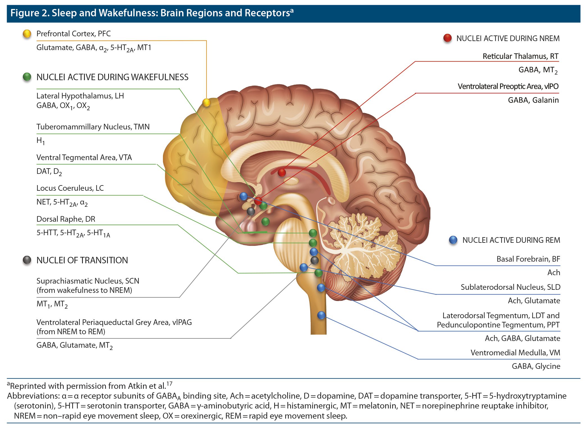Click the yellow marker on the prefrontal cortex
tap(206, 102)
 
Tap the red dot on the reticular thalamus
tap(281, 172)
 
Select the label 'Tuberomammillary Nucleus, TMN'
tap(93, 127)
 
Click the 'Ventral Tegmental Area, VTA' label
tap(84, 158)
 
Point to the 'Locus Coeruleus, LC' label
tap(70, 188)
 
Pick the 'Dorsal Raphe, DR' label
tap(66, 219)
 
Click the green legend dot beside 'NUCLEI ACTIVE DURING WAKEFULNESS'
tap(27, 77)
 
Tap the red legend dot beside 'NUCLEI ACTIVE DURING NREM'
tap(447, 38)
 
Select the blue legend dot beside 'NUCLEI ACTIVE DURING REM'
tap(453, 240)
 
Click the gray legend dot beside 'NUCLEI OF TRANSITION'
tap(27, 260)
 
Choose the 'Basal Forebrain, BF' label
tap(528, 259)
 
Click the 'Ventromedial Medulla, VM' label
tap(515, 353)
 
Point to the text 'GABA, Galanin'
tap(533, 100)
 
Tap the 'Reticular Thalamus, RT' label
tap(520, 56)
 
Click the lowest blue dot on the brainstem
tap(321, 315)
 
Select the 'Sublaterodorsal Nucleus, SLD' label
tap(510, 287)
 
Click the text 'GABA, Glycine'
tap(536, 366)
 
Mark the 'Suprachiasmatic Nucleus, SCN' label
tap(88, 281)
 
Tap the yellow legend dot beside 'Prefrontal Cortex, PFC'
tap(27, 34)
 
